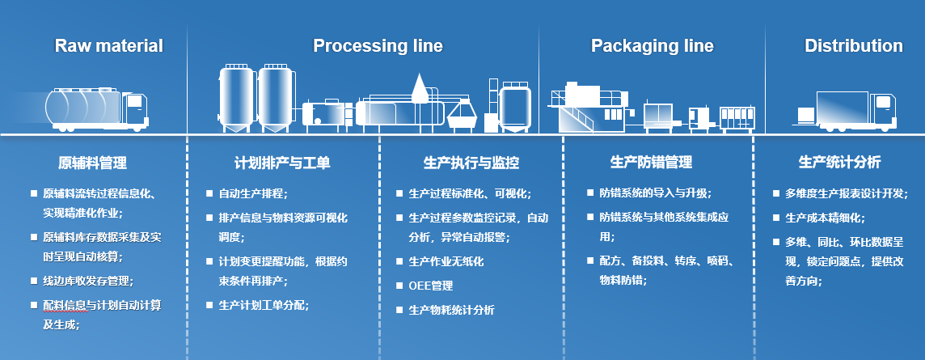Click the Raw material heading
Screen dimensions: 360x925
coord(108,45)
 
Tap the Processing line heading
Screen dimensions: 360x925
coord(378,45)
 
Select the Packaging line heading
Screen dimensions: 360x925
coord(652,45)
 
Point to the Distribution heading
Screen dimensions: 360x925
coord(853,45)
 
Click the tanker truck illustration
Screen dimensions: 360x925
coord(97,109)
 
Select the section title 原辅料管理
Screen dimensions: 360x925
coord(92,163)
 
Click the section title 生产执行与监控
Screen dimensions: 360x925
coord(471,163)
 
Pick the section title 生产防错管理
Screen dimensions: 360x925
coord(651,163)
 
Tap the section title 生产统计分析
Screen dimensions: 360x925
coord(839,163)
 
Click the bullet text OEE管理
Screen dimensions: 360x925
coord(431,286)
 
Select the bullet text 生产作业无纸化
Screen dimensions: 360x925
coord(446,262)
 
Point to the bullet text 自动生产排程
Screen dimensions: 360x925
coord(252,194)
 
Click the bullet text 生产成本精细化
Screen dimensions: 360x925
coord(825,218)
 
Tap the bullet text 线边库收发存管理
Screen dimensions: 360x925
coord(88,281)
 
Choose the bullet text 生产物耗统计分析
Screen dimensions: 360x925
coord(451,310)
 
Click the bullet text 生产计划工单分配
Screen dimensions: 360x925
coord(264,305)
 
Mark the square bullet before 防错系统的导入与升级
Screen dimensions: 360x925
coord(589,194)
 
